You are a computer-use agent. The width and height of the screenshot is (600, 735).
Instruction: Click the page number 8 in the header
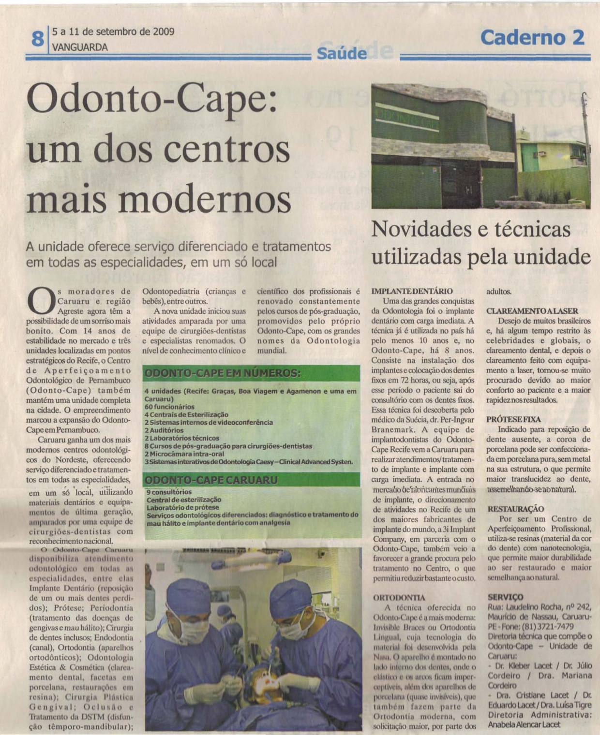click(37, 38)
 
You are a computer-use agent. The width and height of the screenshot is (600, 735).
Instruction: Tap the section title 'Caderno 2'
click(532, 37)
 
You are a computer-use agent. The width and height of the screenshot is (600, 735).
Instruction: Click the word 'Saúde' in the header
click(342, 53)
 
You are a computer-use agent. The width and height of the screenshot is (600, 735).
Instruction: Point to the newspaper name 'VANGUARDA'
click(80, 47)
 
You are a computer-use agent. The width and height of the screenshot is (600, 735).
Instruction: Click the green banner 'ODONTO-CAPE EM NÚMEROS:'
click(223, 373)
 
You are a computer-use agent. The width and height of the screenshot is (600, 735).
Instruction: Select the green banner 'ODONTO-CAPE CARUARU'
click(211, 480)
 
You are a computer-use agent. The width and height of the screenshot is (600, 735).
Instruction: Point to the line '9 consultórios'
click(169, 492)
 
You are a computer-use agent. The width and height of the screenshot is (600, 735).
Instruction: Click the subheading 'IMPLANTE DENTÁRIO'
click(412, 291)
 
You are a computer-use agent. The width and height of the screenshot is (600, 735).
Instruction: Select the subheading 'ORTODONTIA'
click(399, 598)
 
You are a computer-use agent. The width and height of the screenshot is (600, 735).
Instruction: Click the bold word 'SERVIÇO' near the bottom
click(505, 597)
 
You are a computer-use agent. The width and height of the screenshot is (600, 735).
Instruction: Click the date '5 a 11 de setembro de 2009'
click(113, 32)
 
